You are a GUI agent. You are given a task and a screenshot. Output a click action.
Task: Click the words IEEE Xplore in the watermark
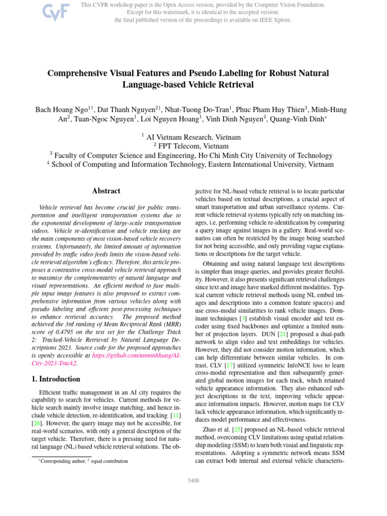pos(275,20)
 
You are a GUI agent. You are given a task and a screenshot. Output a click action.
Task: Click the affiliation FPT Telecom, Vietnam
pos(193,146)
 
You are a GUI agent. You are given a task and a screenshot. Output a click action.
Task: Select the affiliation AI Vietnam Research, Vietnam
pos(193,137)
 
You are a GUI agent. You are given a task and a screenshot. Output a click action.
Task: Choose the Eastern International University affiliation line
pos(193,164)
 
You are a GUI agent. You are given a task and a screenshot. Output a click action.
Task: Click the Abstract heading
pos(106,191)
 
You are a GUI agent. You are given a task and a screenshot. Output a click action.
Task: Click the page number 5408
pos(193,481)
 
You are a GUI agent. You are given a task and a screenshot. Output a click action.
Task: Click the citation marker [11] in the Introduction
pos(174,415)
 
